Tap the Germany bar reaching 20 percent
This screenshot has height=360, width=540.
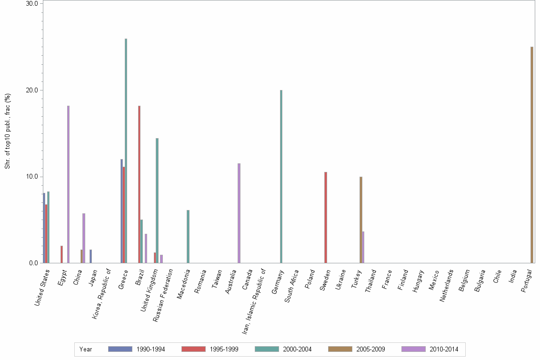pos(281,176)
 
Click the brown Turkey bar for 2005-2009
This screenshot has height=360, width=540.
pos(361,220)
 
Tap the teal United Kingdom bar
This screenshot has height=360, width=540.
pos(157,200)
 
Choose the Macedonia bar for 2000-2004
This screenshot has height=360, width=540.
pos(188,236)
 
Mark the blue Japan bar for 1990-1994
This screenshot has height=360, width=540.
pos(90,256)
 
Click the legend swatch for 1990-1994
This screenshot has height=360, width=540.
pos(120,349)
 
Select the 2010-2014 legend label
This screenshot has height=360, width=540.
pos(444,349)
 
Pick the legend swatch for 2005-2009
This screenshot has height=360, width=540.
pos(340,349)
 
